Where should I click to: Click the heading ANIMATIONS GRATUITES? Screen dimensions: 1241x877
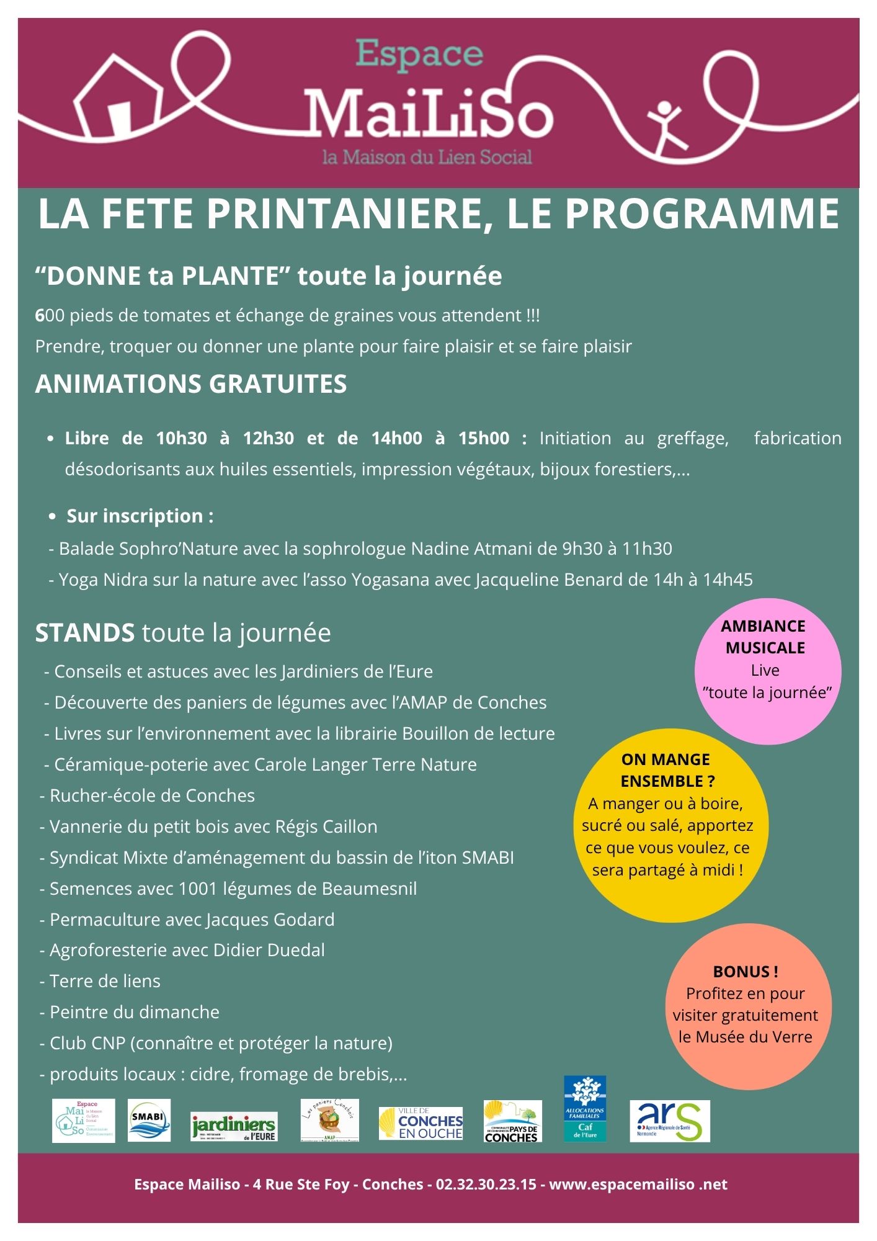click(x=191, y=383)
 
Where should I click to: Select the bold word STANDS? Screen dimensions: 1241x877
click(x=85, y=633)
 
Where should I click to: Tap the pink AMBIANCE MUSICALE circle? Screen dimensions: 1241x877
click(x=768, y=671)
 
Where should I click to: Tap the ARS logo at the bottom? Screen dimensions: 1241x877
click(x=669, y=1121)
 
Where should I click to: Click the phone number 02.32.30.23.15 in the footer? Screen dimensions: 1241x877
click(x=486, y=1184)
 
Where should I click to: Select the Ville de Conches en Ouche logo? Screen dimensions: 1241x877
click(x=421, y=1123)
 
